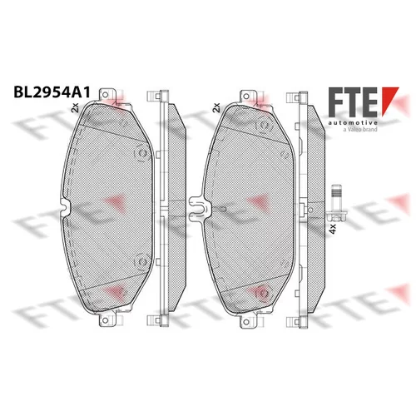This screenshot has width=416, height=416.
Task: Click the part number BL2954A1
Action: tap(52, 92)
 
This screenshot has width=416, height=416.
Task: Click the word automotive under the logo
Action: tap(353, 122)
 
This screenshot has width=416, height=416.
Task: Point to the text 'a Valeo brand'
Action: tap(360, 129)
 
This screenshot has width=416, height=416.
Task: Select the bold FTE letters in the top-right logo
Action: tap(353, 102)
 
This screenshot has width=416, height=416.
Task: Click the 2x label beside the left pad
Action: tap(75, 107)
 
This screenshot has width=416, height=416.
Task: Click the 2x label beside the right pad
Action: tap(216, 107)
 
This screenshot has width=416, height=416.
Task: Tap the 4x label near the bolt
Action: tap(333, 229)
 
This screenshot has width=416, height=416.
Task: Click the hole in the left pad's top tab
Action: tap(105, 95)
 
